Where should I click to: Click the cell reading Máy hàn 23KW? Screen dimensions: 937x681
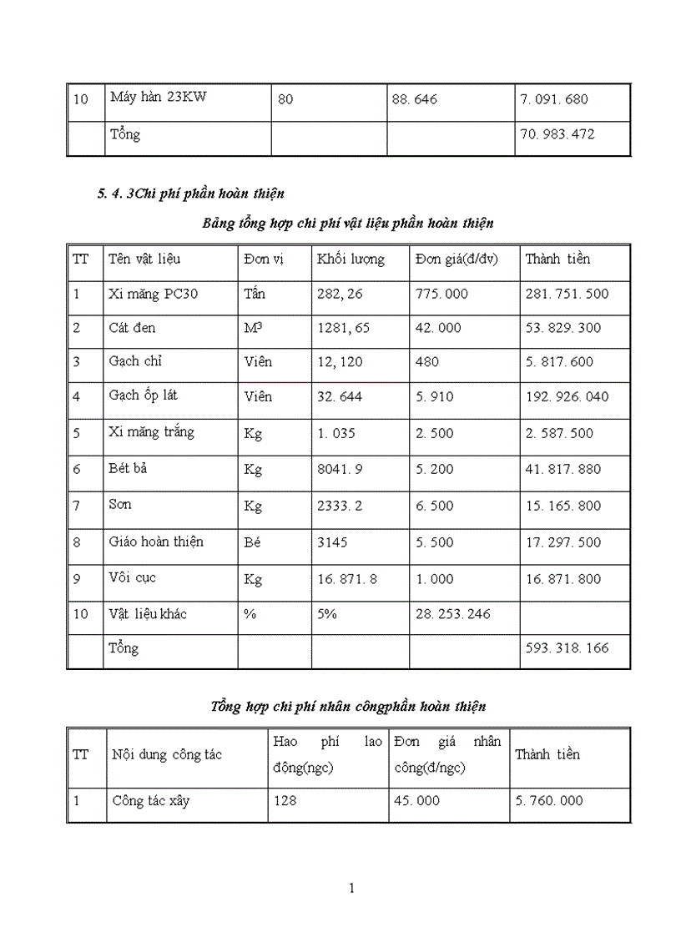pyautogui.click(x=158, y=97)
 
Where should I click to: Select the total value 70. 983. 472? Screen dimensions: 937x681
pyautogui.click(x=557, y=133)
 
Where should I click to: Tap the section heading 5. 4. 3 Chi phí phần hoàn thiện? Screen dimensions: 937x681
pyautogui.click(x=190, y=194)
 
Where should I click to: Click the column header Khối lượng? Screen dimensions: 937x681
pyautogui.click(x=351, y=259)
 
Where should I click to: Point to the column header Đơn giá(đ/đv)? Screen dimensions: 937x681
pyautogui.click(x=456, y=259)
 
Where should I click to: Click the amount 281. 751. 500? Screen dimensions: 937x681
pyautogui.click(x=567, y=294)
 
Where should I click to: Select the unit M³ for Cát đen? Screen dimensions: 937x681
pyautogui.click(x=253, y=328)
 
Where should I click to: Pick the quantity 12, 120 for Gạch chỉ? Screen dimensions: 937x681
pyautogui.click(x=340, y=362)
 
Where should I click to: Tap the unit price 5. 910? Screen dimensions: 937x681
pyautogui.click(x=434, y=396)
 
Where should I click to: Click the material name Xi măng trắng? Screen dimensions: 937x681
pyautogui.click(x=151, y=432)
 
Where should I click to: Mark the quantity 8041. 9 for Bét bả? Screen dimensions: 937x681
pyautogui.click(x=340, y=469)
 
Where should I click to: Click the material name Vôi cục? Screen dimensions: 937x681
pyautogui.click(x=133, y=578)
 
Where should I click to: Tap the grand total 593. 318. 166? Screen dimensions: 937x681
pyautogui.click(x=567, y=648)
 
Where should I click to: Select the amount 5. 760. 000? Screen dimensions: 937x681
pyautogui.click(x=548, y=801)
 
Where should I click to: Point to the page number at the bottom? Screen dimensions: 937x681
pyautogui.click(x=351, y=888)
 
